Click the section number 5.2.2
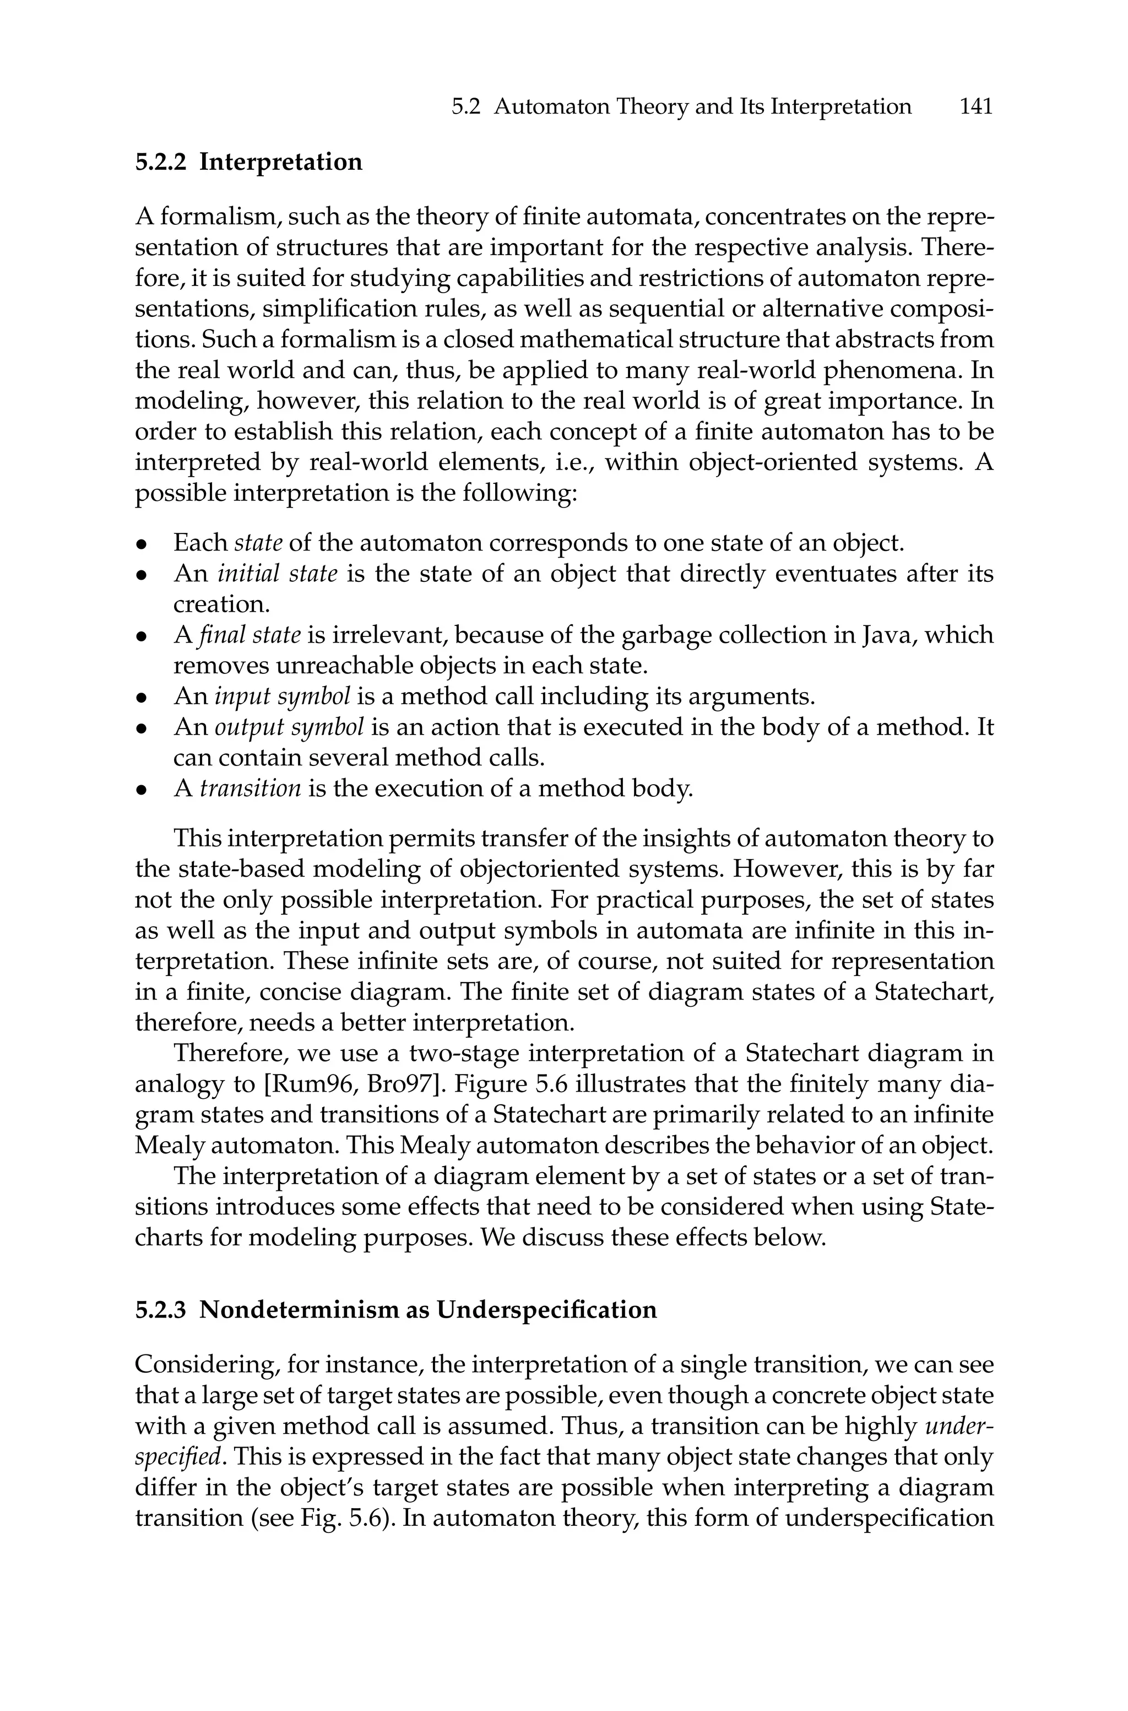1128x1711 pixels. point(160,162)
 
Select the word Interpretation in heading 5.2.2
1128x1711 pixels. point(280,162)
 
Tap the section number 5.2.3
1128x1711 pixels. point(160,1309)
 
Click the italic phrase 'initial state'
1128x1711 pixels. point(277,574)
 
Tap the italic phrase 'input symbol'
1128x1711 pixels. point(283,697)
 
